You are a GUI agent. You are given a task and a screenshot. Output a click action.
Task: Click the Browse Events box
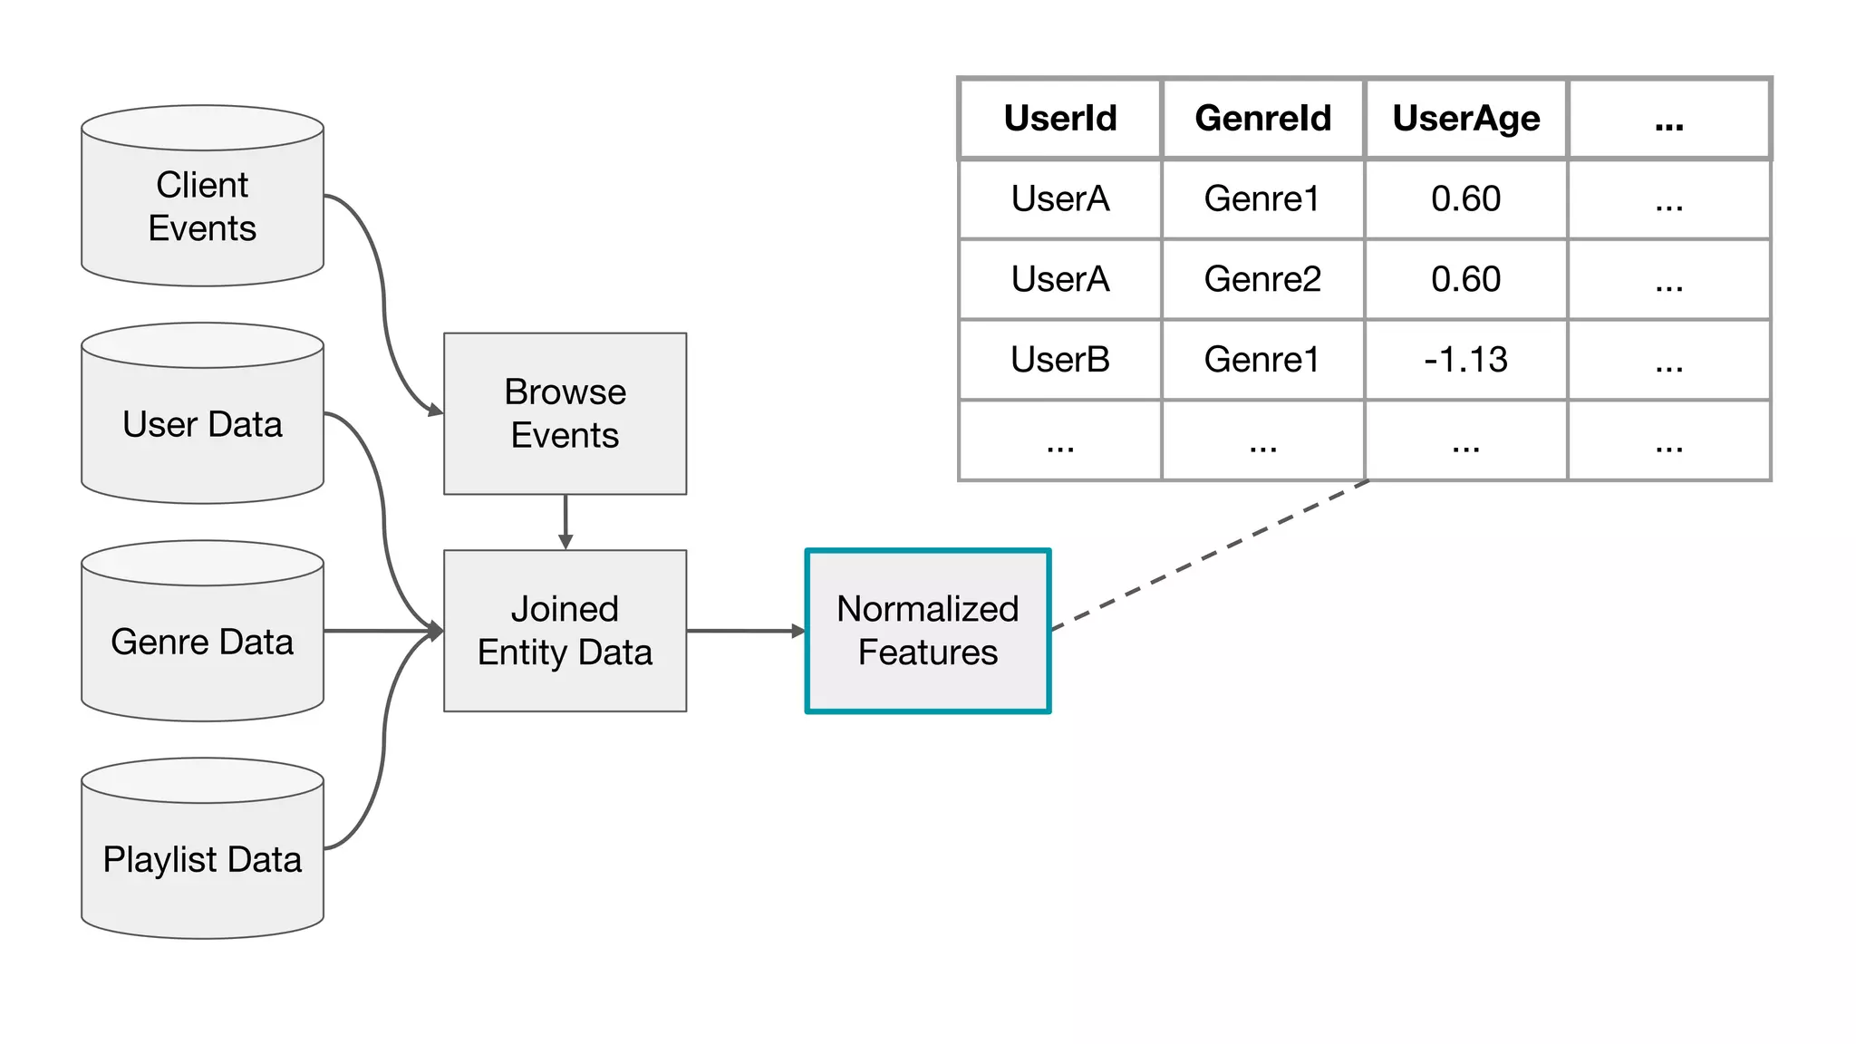(565, 413)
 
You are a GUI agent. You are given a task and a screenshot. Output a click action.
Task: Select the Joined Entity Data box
(565, 631)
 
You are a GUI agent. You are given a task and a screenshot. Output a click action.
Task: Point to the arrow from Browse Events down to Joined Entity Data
(565, 522)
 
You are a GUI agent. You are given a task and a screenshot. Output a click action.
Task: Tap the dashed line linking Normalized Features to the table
(1210, 555)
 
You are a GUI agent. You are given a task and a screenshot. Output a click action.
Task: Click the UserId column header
(1059, 119)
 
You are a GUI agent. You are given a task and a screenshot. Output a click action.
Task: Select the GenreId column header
(1262, 119)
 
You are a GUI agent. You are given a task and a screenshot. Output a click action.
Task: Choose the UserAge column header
(1465, 119)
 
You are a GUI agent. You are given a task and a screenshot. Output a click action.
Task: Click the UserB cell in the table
(1059, 360)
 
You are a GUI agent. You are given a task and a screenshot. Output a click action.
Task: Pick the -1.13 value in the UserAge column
(1465, 360)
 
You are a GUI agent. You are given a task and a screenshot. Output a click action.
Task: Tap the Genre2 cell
(1262, 279)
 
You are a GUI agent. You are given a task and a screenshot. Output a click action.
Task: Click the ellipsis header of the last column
(1668, 121)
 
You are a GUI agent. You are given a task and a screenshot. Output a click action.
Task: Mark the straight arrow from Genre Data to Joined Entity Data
(381, 631)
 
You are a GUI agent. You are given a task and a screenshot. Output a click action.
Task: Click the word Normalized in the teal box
(927, 609)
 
